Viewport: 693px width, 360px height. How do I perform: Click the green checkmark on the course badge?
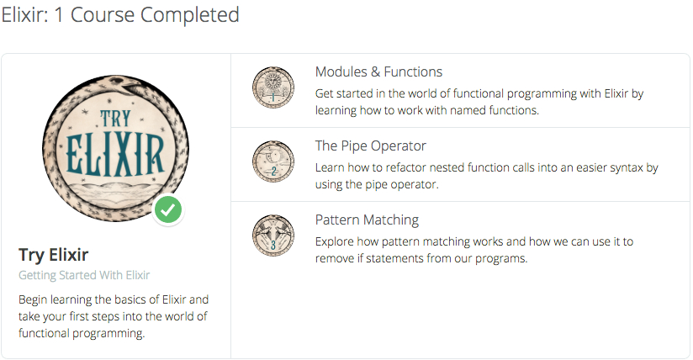pos(168,210)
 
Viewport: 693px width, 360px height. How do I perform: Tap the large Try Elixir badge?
pos(116,148)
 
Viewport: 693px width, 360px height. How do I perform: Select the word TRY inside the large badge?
pos(116,119)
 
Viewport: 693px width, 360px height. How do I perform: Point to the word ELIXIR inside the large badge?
pos(115,155)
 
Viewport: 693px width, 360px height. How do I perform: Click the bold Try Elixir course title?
pos(54,255)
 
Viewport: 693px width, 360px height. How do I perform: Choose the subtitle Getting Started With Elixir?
pos(84,275)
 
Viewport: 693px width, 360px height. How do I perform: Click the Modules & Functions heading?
pos(378,71)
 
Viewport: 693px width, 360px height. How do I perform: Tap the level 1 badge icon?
pos(273,87)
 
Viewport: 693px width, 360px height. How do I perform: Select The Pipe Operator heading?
pos(370,146)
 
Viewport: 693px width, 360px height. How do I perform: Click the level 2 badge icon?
pos(273,161)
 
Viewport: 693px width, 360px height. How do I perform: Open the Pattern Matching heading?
pos(367,220)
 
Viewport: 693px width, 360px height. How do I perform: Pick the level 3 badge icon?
pos(273,236)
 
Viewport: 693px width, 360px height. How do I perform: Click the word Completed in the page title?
pos(189,15)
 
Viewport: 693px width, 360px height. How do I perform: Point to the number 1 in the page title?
pos(59,15)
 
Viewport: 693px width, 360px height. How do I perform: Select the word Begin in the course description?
pos(33,299)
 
